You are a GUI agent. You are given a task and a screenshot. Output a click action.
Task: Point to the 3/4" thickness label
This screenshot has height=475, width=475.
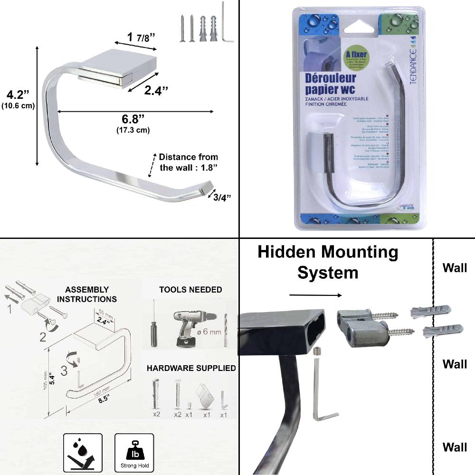pos(222,197)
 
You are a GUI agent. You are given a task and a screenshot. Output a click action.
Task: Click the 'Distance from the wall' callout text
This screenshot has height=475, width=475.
pos(189,162)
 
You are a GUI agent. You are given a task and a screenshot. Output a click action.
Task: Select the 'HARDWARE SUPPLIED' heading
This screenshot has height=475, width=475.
pos(191,368)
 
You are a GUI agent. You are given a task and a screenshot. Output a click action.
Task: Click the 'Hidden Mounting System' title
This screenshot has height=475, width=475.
pos(328,262)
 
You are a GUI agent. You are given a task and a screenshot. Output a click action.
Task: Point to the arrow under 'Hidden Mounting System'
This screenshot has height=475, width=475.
pos(315,295)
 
